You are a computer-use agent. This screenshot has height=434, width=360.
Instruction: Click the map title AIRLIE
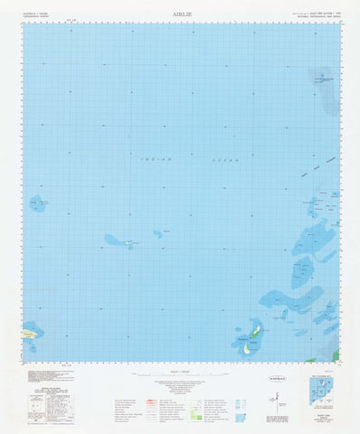tap(179, 15)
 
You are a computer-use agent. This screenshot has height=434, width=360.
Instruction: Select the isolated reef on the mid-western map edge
tap(38, 204)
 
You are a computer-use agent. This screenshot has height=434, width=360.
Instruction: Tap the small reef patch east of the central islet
tap(157, 233)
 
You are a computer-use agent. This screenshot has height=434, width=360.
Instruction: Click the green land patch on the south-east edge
tap(336, 355)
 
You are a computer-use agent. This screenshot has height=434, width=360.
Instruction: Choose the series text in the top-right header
tap(315, 15)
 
